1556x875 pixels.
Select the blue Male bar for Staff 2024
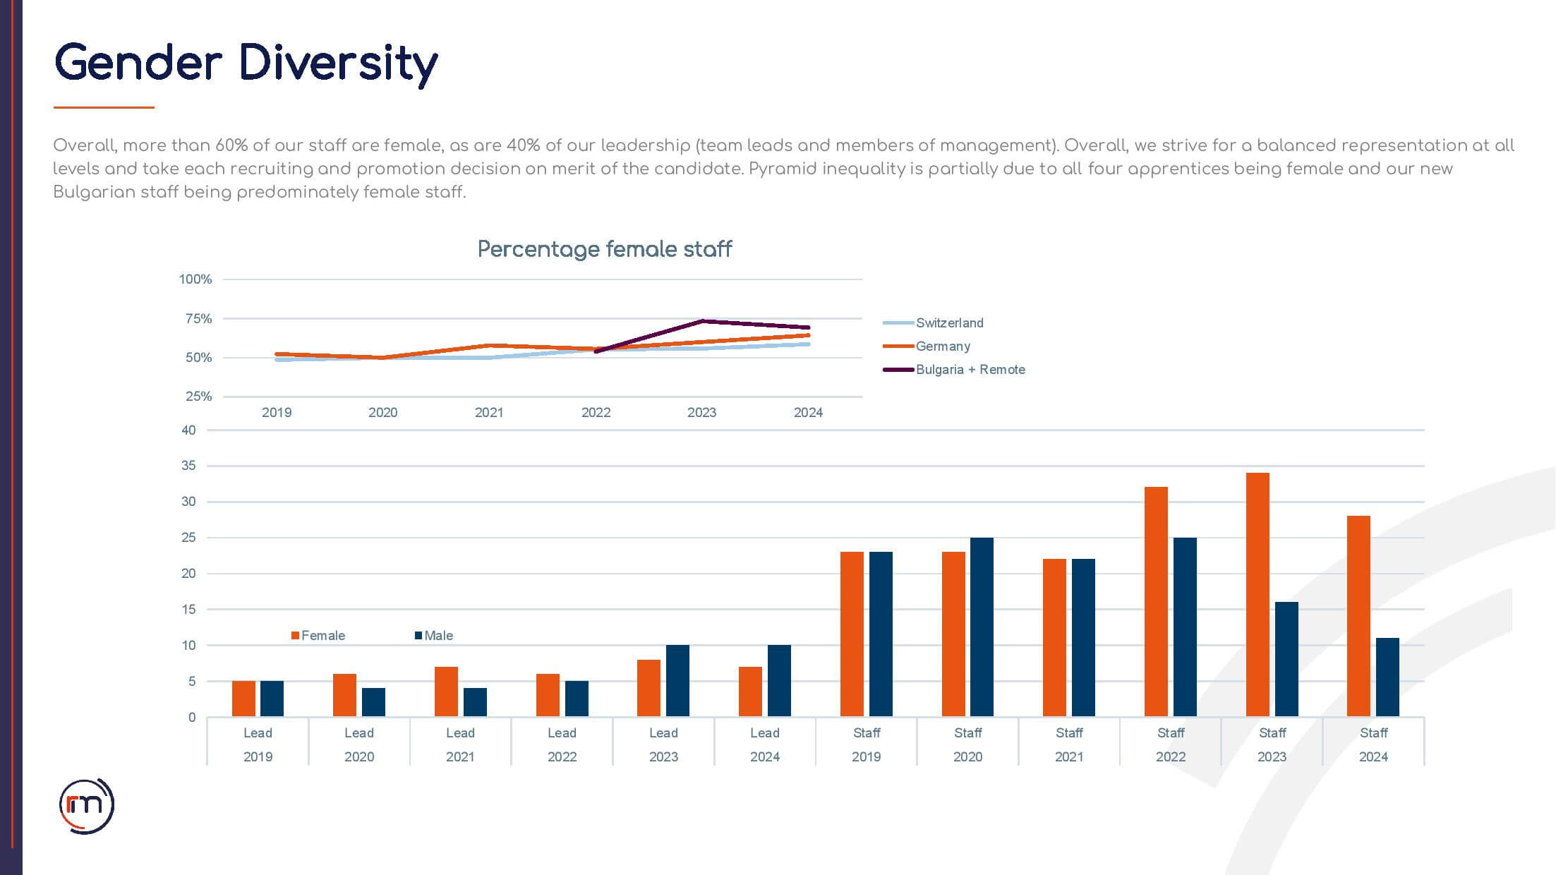[1387, 677]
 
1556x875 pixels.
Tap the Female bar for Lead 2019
[243, 699]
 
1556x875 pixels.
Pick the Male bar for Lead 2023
[677, 680]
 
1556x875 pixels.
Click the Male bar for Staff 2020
[982, 627]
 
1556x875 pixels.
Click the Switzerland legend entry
[948, 323]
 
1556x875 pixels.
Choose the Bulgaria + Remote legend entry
[970, 370]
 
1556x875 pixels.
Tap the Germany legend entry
[942, 346]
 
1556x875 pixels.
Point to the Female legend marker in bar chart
[296, 636]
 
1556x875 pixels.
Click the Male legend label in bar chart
[438, 636]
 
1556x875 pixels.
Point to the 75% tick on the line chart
[198, 319]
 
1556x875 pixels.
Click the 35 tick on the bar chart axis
[188, 466]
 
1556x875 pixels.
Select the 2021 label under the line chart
[489, 413]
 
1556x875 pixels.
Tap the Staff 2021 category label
[1069, 744]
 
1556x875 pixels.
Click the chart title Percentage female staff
[605, 249]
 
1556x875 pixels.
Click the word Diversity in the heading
[339, 64]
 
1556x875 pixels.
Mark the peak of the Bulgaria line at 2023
[703, 321]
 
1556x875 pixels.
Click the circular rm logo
[86, 806]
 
